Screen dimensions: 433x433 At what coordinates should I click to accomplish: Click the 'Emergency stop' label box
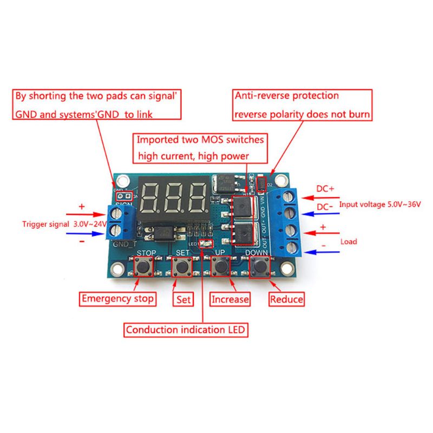coord(117,298)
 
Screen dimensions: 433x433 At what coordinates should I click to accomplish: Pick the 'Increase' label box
coord(230,299)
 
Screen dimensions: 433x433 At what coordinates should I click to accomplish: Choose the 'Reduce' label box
coord(286,299)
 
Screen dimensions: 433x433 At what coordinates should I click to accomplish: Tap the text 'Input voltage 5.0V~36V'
coord(380,205)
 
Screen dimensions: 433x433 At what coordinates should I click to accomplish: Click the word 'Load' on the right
coord(349,241)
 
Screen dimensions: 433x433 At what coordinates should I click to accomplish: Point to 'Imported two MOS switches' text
coord(200,140)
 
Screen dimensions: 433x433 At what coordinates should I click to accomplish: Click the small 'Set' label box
coord(183,299)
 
